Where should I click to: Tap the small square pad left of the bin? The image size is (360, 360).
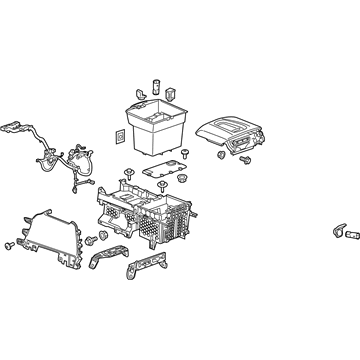coord(121,136)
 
